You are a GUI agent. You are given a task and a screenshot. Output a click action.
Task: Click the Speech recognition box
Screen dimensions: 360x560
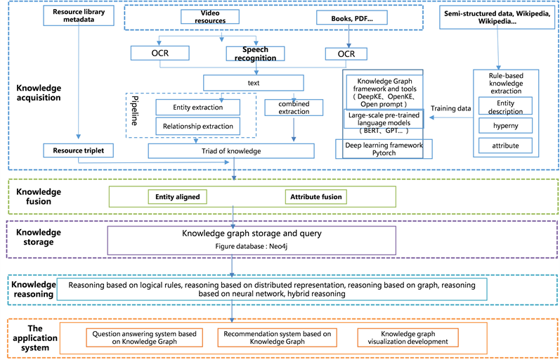pos(252,53)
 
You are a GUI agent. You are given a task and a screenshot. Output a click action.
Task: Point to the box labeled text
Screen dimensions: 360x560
pos(253,82)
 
